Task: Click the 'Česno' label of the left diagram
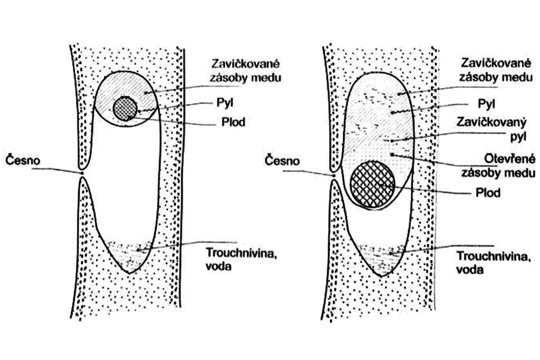[x=23, y=160]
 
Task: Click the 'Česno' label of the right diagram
[x=282, y=160]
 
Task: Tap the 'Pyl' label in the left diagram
[x=225, y=103]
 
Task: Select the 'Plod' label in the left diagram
[x=233, y=122]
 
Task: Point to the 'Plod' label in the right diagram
[x=488, y=192]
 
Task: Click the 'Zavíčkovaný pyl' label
[x=491, y=130]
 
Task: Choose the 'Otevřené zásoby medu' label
[x=498, y=165]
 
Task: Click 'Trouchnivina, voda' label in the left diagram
[x=242, y=259]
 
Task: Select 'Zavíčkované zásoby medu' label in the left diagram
[x=246, y=70]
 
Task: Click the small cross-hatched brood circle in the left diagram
[x=125, y=108]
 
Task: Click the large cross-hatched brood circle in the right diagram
[x=372, y=185]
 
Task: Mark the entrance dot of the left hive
[x=82, y=173]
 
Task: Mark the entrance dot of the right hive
[x=334, y=176]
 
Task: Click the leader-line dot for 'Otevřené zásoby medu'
[x=392, y=154]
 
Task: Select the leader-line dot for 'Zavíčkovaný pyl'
[x=393, y=141]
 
